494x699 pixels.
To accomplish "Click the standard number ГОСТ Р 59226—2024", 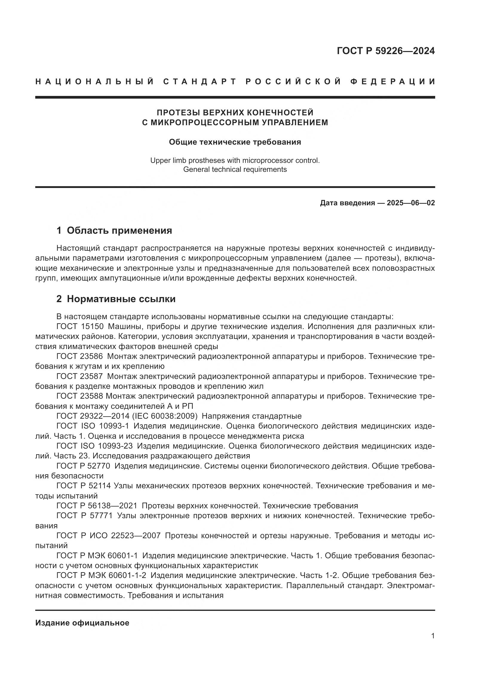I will click(386, 51).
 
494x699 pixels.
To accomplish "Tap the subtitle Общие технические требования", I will click(235, 142).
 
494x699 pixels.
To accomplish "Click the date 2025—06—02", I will click(411, 203).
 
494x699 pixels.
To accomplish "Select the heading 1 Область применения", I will click(114, 230).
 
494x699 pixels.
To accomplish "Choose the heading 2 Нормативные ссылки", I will click(116, 299).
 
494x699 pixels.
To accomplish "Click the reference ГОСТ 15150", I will click(80, 327).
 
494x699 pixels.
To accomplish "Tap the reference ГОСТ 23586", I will click(80, 357).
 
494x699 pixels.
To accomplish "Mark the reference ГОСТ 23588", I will click(80, 396).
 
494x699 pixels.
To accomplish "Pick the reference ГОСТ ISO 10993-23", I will click(95, 446).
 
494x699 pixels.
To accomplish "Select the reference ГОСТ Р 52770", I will click(83, 466).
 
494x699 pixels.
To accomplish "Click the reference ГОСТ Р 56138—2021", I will click(97, 506).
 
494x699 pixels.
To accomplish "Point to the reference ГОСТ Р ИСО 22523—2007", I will click(108, 536).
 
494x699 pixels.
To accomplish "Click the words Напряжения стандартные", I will click(251, 416).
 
